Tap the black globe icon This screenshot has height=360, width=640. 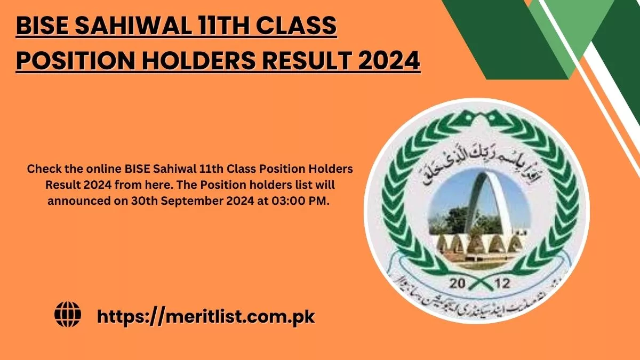click(68, 315)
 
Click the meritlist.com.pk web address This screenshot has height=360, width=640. click(206, 316)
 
